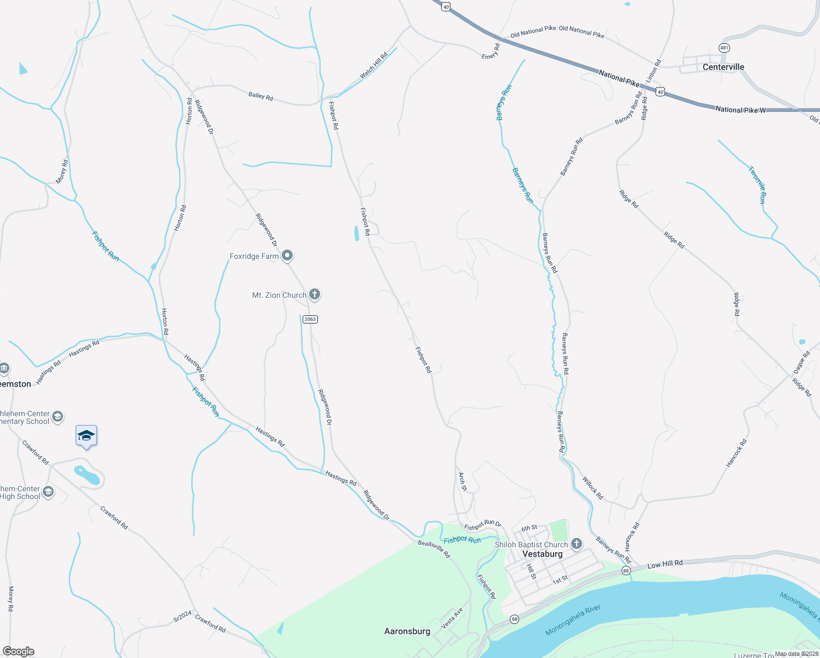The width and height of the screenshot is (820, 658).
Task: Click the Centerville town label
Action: click(x=723, y=67)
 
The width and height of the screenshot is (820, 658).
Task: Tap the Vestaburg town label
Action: click(x=542, y=554)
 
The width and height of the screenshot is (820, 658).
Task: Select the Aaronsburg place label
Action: click(x=407, y=631)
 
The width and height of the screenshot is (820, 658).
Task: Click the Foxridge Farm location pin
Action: click(x=287, y=256)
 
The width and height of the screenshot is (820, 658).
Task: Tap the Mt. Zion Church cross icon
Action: click(x=315, y=294)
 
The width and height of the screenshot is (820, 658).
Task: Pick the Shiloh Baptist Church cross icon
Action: click(x=576, y=544)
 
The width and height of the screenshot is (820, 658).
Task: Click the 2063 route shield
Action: click(x=310, y=319)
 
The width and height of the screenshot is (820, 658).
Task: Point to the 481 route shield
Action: click(x=724, y=48)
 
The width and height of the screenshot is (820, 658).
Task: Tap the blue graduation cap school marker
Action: click(x=86, y=436)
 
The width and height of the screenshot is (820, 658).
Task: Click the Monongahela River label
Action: click(x=573, y=621)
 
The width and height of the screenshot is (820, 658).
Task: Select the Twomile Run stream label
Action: click(x=757, y=185)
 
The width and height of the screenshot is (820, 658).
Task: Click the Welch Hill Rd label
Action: click(x=374, y=65)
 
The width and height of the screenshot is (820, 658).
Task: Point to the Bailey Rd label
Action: click(x=260, y=96)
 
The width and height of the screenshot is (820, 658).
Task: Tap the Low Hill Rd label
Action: click(x=665, y=564)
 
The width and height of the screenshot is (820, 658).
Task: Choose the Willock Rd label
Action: click(x=593, y=488)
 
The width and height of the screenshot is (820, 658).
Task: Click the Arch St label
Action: click(x=463, y=481)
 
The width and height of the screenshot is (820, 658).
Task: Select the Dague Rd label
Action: click(x=801, y=363)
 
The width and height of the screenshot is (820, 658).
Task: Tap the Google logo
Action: click(x=18, y=651)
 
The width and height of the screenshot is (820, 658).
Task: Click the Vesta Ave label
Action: click(x=452, y=618)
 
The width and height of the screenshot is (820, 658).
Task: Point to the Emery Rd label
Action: click(x=491, y=52)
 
